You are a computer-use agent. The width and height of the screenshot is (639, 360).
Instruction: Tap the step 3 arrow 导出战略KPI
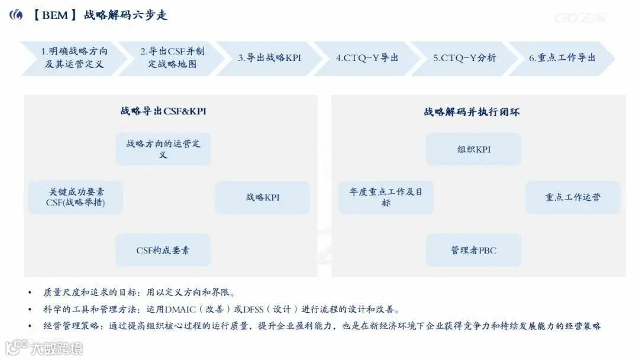(x=269, y=58)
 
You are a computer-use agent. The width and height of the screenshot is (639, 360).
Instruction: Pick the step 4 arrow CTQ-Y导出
(x=367, y=58)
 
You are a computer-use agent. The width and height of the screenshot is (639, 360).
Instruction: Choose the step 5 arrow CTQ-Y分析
(x=464, y=58)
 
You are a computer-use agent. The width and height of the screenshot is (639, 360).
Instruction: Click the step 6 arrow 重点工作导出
(x=562, y=58)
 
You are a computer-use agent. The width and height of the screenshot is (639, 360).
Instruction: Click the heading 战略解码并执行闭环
(x=472, y=111)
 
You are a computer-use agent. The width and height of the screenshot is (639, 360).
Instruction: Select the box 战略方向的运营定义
(x=163, y=149)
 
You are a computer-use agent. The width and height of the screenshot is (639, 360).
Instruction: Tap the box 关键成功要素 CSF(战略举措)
(x=76, y=197)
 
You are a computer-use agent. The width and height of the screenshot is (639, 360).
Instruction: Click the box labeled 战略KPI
(x=262, y=197)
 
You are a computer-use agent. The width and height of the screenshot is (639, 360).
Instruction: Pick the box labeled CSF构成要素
(x=163, y=250)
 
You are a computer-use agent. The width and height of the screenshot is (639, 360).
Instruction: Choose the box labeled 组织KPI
(x=473, y=149)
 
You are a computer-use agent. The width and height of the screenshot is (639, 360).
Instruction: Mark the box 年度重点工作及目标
(x=386, y=197)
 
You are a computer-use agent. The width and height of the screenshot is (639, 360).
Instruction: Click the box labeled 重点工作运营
(x=573, y=197)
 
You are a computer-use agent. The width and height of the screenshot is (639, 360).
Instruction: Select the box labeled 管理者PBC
(x=473, y=250)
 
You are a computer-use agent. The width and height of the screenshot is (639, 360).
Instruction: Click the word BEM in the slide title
(x=55, y=15)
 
